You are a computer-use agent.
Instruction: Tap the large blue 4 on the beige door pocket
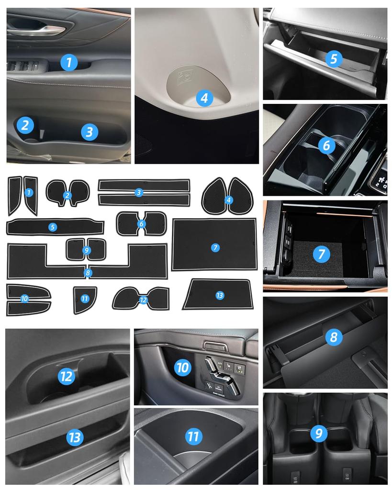[204, 99]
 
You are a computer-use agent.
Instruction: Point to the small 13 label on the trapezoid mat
[220, 296]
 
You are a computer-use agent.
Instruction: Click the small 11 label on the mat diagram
[85, 299]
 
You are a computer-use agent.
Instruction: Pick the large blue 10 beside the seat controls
[182, 367]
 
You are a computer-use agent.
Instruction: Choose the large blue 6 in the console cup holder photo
[326, 145]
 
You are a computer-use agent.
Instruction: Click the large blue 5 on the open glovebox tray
[334, 59]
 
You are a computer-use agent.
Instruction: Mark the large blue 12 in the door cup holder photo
[66, 376]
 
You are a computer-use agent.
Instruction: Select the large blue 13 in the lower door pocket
[75, 436]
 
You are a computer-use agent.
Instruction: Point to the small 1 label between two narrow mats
[29, 192]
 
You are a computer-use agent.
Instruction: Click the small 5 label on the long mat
[53, 227]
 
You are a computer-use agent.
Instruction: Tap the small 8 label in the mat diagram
[87, 273]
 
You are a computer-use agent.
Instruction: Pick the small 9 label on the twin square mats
[87, 250]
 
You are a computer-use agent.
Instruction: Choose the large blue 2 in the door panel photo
[25, 125]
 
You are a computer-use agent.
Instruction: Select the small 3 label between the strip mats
[139, 192]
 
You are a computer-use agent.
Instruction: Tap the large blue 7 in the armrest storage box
[321, 254]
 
